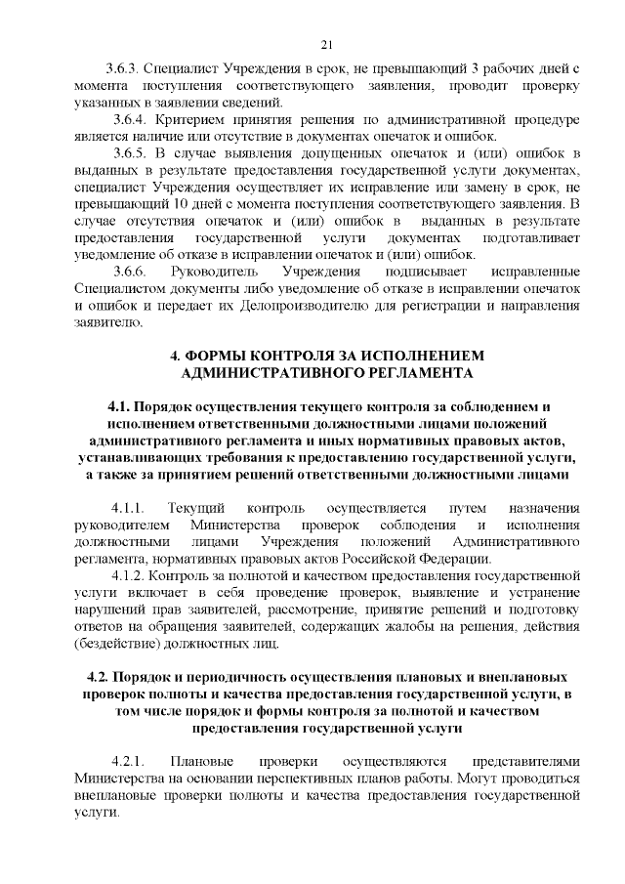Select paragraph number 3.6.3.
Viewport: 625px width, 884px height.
(128, 69)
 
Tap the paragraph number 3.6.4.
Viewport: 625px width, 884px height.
(128, 119)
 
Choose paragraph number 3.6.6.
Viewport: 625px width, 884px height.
(128, 270)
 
